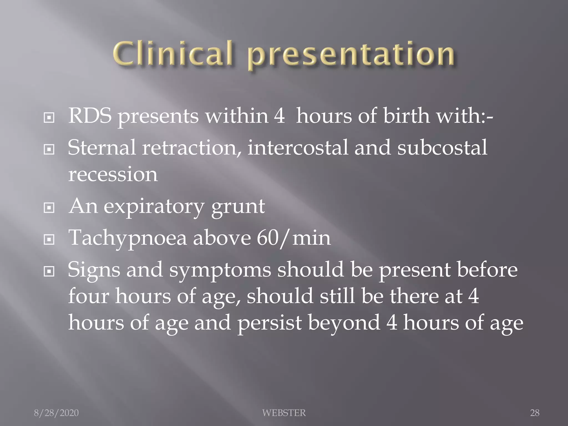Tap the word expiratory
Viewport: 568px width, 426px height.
coord(154,207)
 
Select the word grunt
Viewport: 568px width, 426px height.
coord(238,207)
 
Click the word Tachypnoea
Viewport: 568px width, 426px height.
coord(128,238)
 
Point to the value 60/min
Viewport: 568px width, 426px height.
coord(294,238)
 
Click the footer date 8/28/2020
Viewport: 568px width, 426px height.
coord(56,413)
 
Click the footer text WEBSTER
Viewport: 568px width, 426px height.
coord(284,413)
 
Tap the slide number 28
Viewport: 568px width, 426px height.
coord(535,413)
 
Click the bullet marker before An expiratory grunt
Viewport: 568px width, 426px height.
coord(49,208)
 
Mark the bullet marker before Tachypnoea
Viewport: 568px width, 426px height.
coord(49,239)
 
